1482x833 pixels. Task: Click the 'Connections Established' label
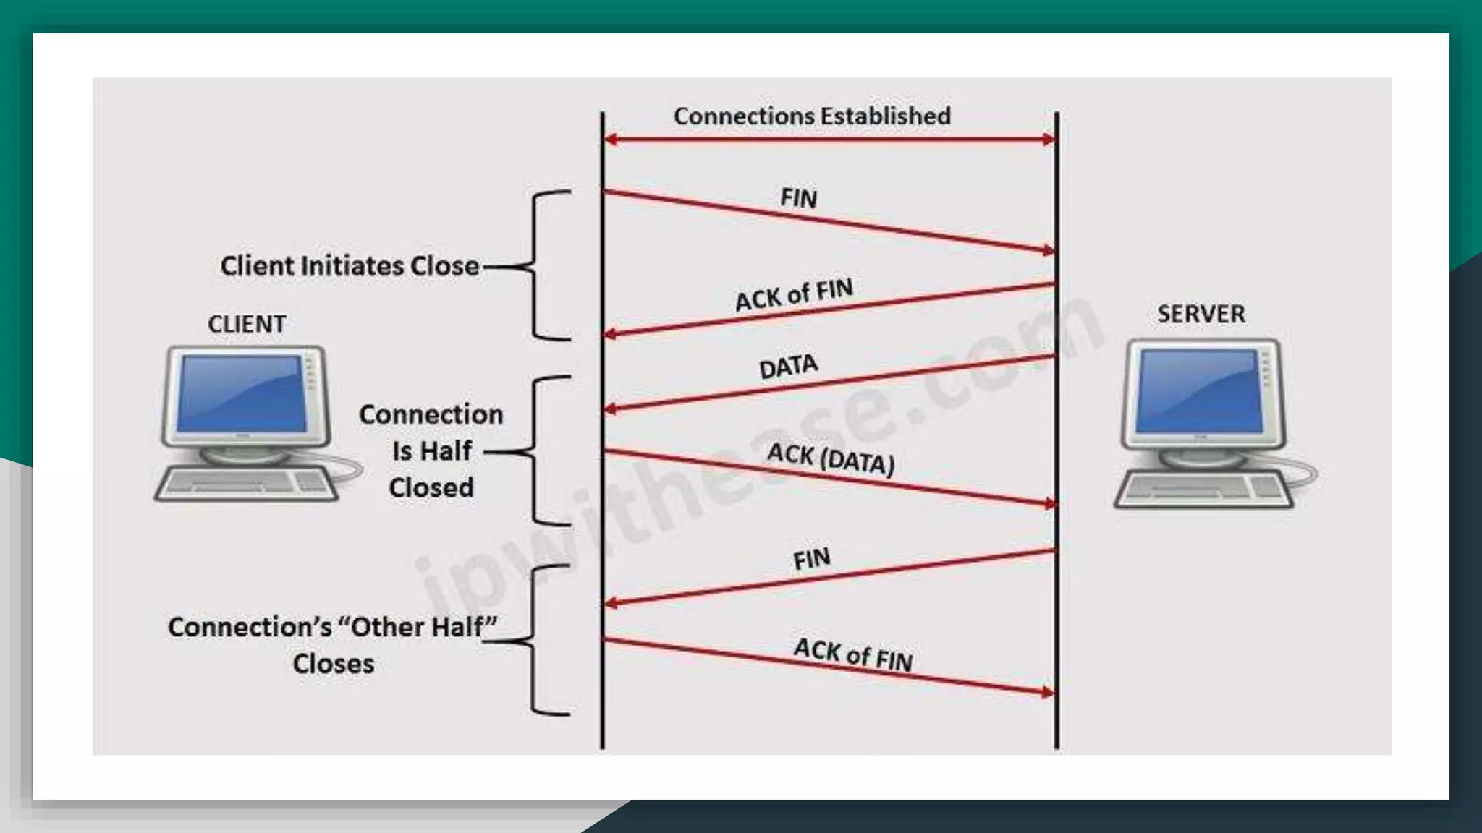tap(812, 116)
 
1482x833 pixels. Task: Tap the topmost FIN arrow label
tap(799, 198)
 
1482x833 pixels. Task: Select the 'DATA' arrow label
tap(788, 367)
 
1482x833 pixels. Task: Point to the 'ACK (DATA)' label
tap(831, 459)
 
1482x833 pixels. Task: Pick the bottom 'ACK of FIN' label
tap(853, 655)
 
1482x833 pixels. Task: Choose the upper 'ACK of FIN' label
tap(794, 295)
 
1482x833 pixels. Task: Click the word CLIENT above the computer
tap(247, 325)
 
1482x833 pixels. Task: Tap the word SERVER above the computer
tap(1201, 315)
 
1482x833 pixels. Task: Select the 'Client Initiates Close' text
tap(350, 266)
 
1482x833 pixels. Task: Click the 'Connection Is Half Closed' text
tap(431, 451)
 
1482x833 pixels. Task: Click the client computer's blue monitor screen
tap(242, 394)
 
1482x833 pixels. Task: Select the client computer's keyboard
tap(246, 484)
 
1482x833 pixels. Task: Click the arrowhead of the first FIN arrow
tap(1048, 251)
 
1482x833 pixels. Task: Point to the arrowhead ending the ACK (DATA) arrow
tap(1049, 503)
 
